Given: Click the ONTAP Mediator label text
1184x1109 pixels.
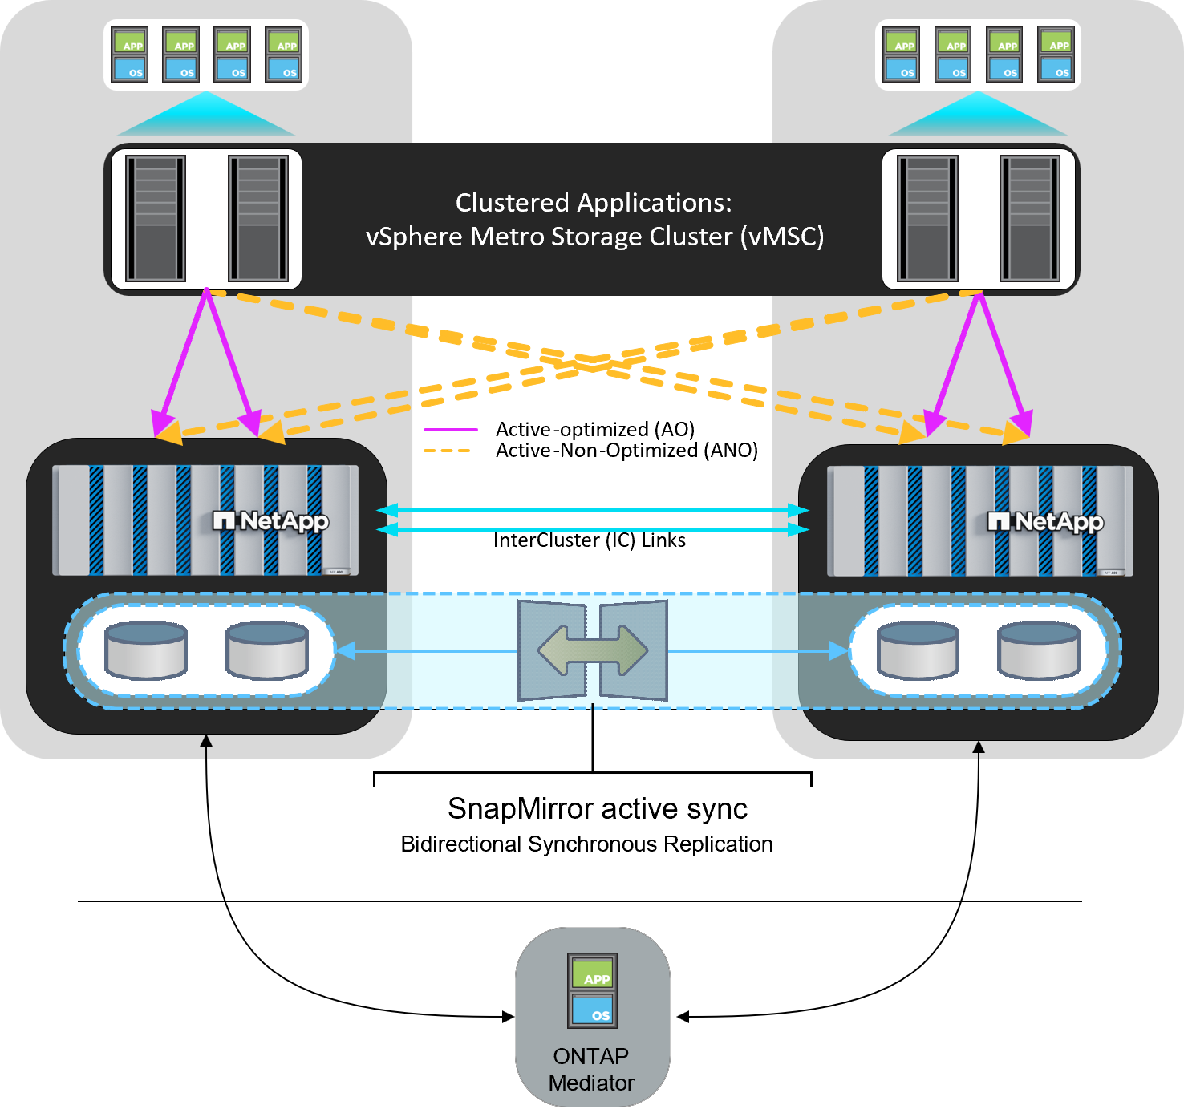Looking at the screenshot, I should (591, 1069).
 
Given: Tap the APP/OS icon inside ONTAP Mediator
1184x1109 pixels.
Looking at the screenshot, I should (592, 990).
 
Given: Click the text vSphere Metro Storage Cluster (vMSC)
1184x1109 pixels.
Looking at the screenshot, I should (594, 237).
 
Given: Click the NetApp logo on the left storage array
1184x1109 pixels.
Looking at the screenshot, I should (271, 521).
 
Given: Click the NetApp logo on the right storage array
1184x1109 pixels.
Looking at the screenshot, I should (1045, 522).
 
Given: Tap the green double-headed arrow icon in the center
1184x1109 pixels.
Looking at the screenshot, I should (593, 650).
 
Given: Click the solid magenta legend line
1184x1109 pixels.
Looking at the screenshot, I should (450, 430).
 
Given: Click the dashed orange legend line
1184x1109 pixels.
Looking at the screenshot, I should (447, 451).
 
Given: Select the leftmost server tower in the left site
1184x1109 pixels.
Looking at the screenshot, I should (155, 218).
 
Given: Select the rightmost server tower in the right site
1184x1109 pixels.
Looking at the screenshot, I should (1030, 218).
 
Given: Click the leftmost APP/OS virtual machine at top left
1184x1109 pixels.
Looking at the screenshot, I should (129, 55).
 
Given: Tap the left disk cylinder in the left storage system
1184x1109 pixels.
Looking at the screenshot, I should (146, 650).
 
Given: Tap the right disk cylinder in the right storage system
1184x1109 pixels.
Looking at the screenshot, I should (1039, 650).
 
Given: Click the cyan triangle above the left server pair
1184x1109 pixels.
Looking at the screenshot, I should (206, 116).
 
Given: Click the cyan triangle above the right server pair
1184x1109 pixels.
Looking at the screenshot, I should (978, 116).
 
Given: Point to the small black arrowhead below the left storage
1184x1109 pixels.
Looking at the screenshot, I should (206, 740).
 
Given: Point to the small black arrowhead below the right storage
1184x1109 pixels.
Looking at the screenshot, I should (978, 747).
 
